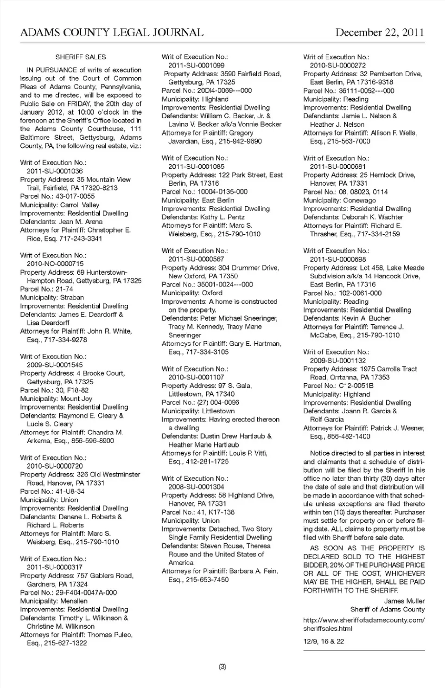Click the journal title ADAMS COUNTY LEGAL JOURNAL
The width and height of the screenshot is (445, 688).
coord(112,32)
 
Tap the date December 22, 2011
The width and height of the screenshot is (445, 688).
coord(380,32)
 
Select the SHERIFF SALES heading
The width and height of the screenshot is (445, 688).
coord(81,57)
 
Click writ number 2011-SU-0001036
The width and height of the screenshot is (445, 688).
coord(55,171)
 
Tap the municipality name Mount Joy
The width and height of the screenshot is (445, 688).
coord(76,399)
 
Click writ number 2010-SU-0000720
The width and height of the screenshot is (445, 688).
coord(55,466)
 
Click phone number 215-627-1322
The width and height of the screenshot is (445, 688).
coord(65,643)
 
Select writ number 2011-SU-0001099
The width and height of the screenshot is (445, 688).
coord(196,65)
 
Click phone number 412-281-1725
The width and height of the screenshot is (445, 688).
coord(208,462)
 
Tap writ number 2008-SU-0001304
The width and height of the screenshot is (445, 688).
coord(196,487)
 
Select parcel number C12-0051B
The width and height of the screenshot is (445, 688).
coord(356,386)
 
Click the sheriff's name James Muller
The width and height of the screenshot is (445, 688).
coord(404,601)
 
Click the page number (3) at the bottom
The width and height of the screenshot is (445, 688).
coord(222,667)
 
